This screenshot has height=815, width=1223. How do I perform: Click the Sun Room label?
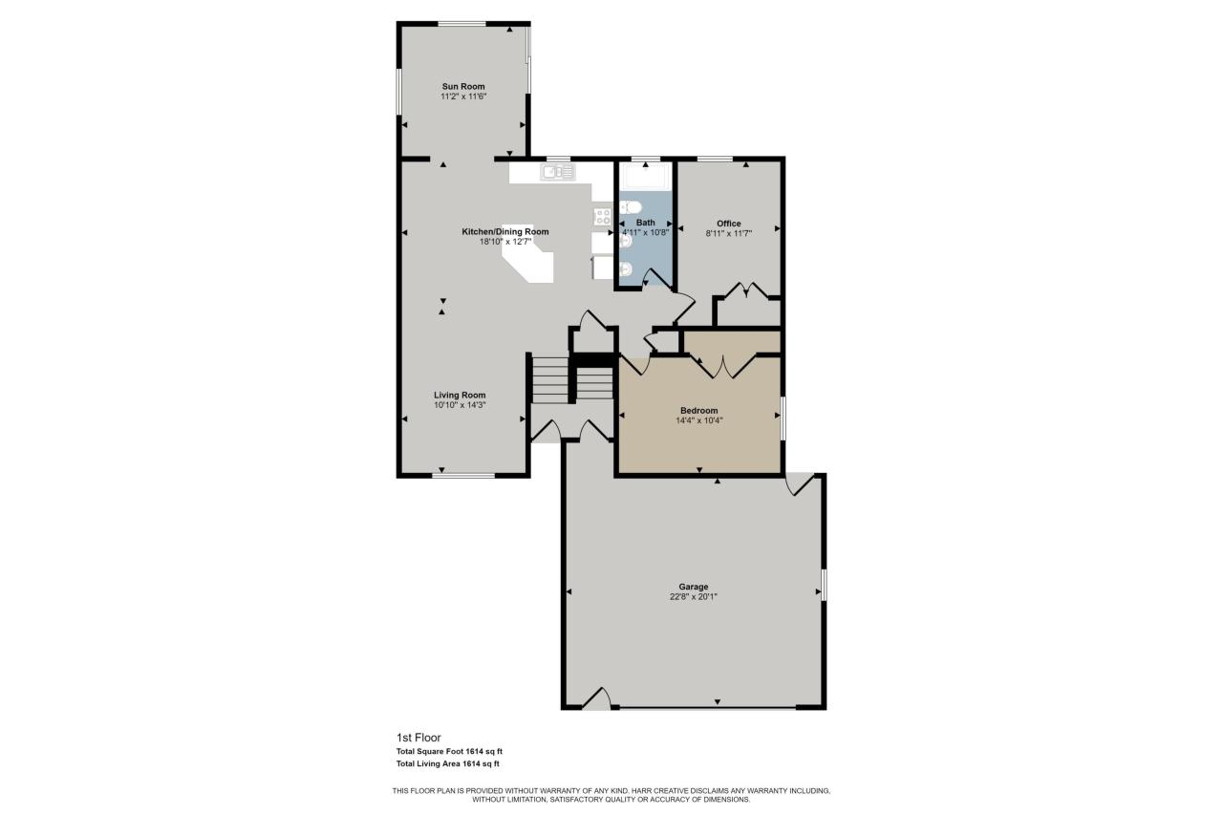click(x=463, y=86)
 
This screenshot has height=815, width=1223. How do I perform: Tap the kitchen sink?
click(x=557, y=172)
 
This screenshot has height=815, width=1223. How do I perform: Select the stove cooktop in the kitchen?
click(x=602, y=216)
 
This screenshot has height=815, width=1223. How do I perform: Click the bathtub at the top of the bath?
click(x=645, y=177)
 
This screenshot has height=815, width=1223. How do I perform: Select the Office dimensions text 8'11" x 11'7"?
click(x=729, y=233)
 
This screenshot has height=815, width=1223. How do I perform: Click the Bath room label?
click(x=646, y=223)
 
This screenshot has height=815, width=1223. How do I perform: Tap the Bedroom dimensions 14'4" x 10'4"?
click(x=698, y=420)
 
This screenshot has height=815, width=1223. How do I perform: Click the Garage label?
click(x=694, y=587)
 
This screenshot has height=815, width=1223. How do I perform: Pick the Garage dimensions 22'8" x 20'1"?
click(x=694, y=597)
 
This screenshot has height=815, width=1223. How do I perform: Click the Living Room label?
click(x=461, y=395)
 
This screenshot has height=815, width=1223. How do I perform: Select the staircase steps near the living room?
click(x=550, y=381)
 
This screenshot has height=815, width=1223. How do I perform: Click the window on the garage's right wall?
click(x=824, y=585)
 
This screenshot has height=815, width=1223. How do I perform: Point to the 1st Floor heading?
click(x=418, y=738)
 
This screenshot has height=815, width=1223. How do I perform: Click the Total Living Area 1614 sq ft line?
click(x=448, y=763)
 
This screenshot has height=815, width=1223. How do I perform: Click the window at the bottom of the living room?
click(x=463, y=475)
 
